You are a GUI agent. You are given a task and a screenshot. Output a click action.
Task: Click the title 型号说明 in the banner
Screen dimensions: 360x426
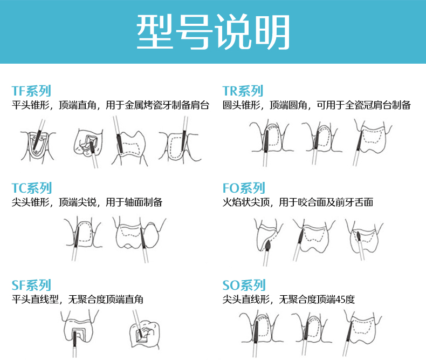(213, 32)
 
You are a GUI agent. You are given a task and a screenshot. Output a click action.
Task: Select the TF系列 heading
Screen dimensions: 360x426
(31, 91)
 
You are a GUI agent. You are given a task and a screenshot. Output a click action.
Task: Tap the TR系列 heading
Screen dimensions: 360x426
(243, 91)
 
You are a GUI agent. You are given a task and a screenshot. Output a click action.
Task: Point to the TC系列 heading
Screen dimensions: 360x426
(32, 188)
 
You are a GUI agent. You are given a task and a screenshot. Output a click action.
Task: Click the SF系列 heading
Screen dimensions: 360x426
(31, 285)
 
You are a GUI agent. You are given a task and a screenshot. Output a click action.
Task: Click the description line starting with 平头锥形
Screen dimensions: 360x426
(110, 105)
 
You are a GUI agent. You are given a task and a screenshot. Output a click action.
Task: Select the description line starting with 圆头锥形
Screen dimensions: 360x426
(317, 105)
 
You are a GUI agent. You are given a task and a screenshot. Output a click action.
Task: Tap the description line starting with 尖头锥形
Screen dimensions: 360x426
(87, 202)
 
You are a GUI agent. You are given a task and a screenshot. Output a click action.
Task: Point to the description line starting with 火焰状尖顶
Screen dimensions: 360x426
(298, 202)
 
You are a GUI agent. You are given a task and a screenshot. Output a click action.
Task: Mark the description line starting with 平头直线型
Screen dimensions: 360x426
(78, 299)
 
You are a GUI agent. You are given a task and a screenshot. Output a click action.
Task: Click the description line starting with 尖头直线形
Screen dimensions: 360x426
(288, 299)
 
